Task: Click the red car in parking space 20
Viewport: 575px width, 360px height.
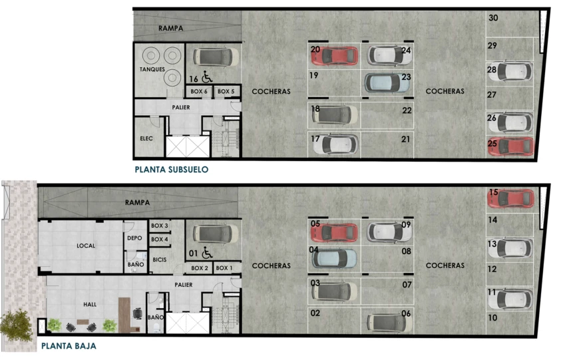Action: coord(335,56)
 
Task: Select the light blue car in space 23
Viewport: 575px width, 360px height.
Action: coord(387,83)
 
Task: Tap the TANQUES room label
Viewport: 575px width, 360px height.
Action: coord(152,69)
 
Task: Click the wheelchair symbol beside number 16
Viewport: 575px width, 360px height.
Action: coord(207,77)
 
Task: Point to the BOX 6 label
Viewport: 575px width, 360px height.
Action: coord(199,91)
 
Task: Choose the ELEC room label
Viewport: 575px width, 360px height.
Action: coord(146,138)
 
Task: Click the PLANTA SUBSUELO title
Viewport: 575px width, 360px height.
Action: coord(172,170)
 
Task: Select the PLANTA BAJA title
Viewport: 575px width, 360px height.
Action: coord(69,346)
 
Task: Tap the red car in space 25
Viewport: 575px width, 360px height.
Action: coord(510,146)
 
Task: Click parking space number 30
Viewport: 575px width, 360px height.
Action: coord(493,17)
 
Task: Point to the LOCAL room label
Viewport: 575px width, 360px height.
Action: coord(86,246)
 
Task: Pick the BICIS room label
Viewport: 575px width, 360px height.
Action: coord(160,260)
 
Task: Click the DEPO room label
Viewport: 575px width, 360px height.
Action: coord(134,238)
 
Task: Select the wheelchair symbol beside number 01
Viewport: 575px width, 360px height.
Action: coord(207,252)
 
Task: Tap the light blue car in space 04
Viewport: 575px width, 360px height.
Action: coord(334,258)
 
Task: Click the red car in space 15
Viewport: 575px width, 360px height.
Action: coord(510,198)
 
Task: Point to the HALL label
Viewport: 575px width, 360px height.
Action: coord(90,304)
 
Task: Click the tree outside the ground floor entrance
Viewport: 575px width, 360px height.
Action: coord(16,325)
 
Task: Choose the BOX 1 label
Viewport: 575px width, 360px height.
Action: coord(224,268)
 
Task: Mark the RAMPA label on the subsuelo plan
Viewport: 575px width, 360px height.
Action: coord(171,28)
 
